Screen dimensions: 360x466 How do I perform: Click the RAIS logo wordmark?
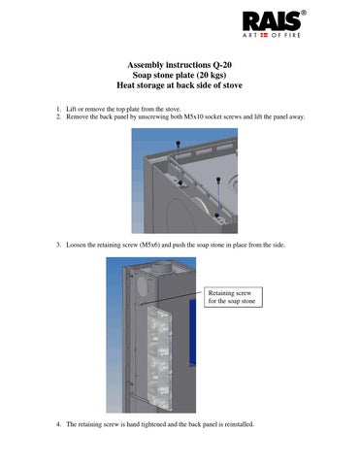coord(272,21)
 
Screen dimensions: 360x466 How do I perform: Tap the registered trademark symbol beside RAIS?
coord(304,13)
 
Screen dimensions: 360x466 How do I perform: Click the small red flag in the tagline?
coord(264,35)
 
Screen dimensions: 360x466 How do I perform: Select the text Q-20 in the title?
coord(222,65)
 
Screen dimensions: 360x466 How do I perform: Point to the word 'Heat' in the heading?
coord(126,85)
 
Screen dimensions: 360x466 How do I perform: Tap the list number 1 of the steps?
coord(58,109)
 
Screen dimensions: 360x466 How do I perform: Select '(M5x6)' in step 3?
coord(149,245)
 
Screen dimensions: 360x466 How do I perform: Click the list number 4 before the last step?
coord(58,424)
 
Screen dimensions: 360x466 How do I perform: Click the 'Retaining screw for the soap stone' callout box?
coord(233,297)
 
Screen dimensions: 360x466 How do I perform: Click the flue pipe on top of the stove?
coord(163,267)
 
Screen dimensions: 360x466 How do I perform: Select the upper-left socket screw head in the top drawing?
coord(178,143)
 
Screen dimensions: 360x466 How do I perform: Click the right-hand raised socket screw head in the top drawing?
coord(218,179)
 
